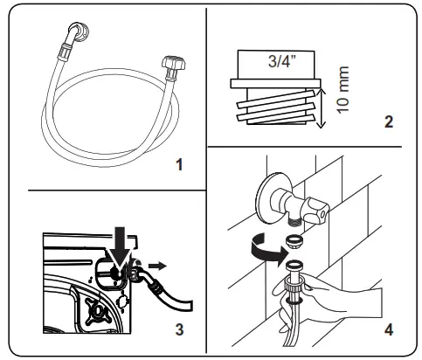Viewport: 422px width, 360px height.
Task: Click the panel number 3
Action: point(178,329)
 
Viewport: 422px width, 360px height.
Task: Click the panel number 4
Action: point(387,330)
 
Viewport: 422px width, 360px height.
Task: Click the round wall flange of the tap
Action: point(268,194)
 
